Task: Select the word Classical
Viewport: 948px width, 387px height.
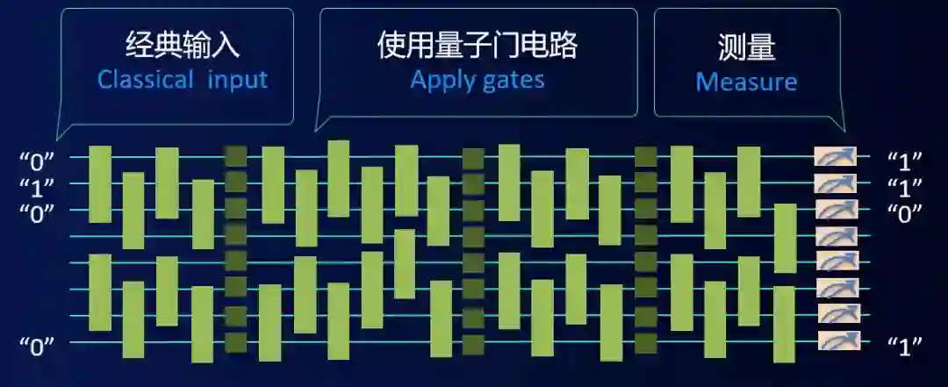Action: (146, 80)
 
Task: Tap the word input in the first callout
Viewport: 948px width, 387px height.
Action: (238, 80)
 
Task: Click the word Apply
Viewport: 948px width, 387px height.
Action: (442, 81)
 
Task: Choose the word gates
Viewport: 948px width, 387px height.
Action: (513, 81)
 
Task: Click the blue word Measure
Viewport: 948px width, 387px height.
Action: (746, 82)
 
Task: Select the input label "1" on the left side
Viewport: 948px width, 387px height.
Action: (37, 186)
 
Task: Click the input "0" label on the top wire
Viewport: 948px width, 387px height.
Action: (37, 160)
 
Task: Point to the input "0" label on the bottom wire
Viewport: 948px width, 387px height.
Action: (37, 345)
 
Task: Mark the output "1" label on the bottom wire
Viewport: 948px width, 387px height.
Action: (904, 345)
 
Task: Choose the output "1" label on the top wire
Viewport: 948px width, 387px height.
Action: (904, 161)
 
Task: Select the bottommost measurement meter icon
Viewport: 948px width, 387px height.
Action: (837, 340)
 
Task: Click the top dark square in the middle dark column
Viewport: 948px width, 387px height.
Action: (474, 159)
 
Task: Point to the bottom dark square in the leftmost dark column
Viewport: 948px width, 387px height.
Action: (235, 341)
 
